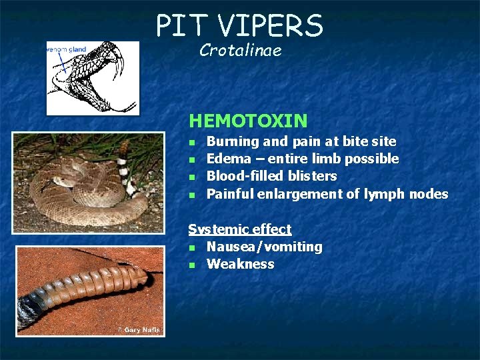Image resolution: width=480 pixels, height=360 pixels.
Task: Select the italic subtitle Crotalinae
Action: (x=240, y=50)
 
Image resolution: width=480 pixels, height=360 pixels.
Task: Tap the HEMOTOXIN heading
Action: (x=248, y=121)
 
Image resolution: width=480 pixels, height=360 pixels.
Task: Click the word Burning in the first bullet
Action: (x=233, y=141)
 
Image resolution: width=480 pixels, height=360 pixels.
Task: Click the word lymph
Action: (x=383, y=194)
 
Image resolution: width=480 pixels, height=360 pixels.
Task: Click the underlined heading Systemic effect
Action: (x=240, y=229)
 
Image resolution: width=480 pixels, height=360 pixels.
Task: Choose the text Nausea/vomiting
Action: (x=264, y=247)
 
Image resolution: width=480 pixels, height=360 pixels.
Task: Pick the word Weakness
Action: (x=240, y=264)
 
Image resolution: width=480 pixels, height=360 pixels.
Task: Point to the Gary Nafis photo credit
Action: (x=139, y=330)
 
